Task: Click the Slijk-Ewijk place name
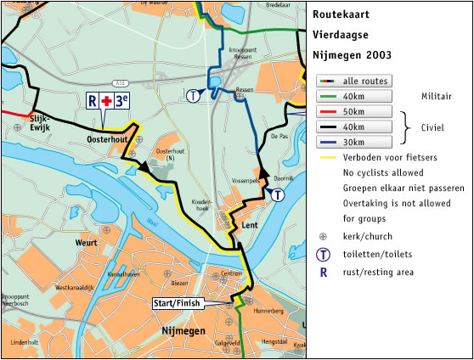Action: (x=41, y=121)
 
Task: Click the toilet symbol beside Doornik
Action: (x=278, y=194)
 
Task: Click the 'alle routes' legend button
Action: (x=354, y=81)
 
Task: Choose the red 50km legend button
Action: (x=354, y=111)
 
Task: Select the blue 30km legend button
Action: (x=354, y=142)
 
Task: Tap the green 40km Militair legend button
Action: (x=354, y=96)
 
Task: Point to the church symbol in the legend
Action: (x=323, y=235)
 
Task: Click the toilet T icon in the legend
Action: (x=323, y=254)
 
